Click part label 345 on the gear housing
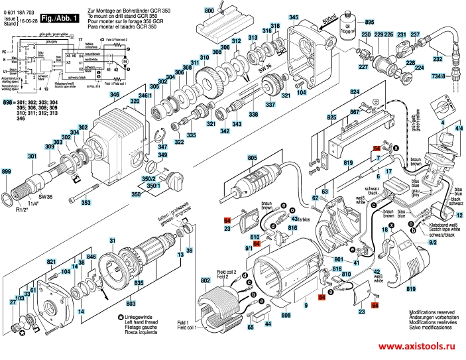[x=294, y=17]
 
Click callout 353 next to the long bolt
[x=86, y=202]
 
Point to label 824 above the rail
[x=355, y=91]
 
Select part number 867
[x=355, y=112]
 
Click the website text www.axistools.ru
[x=419, y=347]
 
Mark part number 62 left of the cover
[x=316, y=198]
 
